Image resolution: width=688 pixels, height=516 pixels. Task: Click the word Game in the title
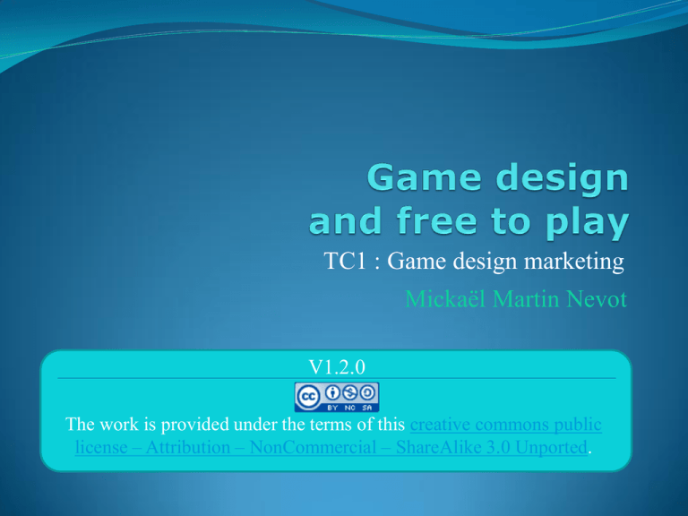click(x=424, y=176)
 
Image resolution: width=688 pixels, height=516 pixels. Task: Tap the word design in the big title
click(x=563, y=180)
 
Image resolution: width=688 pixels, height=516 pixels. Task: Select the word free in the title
click(x=436, y=220)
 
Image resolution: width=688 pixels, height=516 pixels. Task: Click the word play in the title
click(x=587, y=224)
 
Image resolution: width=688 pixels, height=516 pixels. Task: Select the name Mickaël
click(x=445, y=299)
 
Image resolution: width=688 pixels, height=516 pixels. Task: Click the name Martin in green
click(x=526, y=299)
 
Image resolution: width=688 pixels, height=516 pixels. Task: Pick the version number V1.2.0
click(x=337, y=367)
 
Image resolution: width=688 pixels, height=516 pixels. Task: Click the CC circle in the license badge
click(x=308, y=397)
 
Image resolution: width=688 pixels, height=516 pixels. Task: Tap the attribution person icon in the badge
click(x=332, y=392)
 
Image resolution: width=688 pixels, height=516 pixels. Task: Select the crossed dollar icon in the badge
click(x=350, y=392)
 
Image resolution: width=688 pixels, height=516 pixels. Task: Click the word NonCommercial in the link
click(x=313, y=447)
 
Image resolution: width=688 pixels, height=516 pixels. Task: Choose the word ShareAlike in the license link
click(x=439, y=447)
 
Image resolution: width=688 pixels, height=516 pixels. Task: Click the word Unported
click(x=551, y=448)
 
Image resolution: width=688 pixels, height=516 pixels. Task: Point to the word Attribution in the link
click(x=188, y=447)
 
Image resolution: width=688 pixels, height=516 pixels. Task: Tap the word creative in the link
click(x=440, y=425)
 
